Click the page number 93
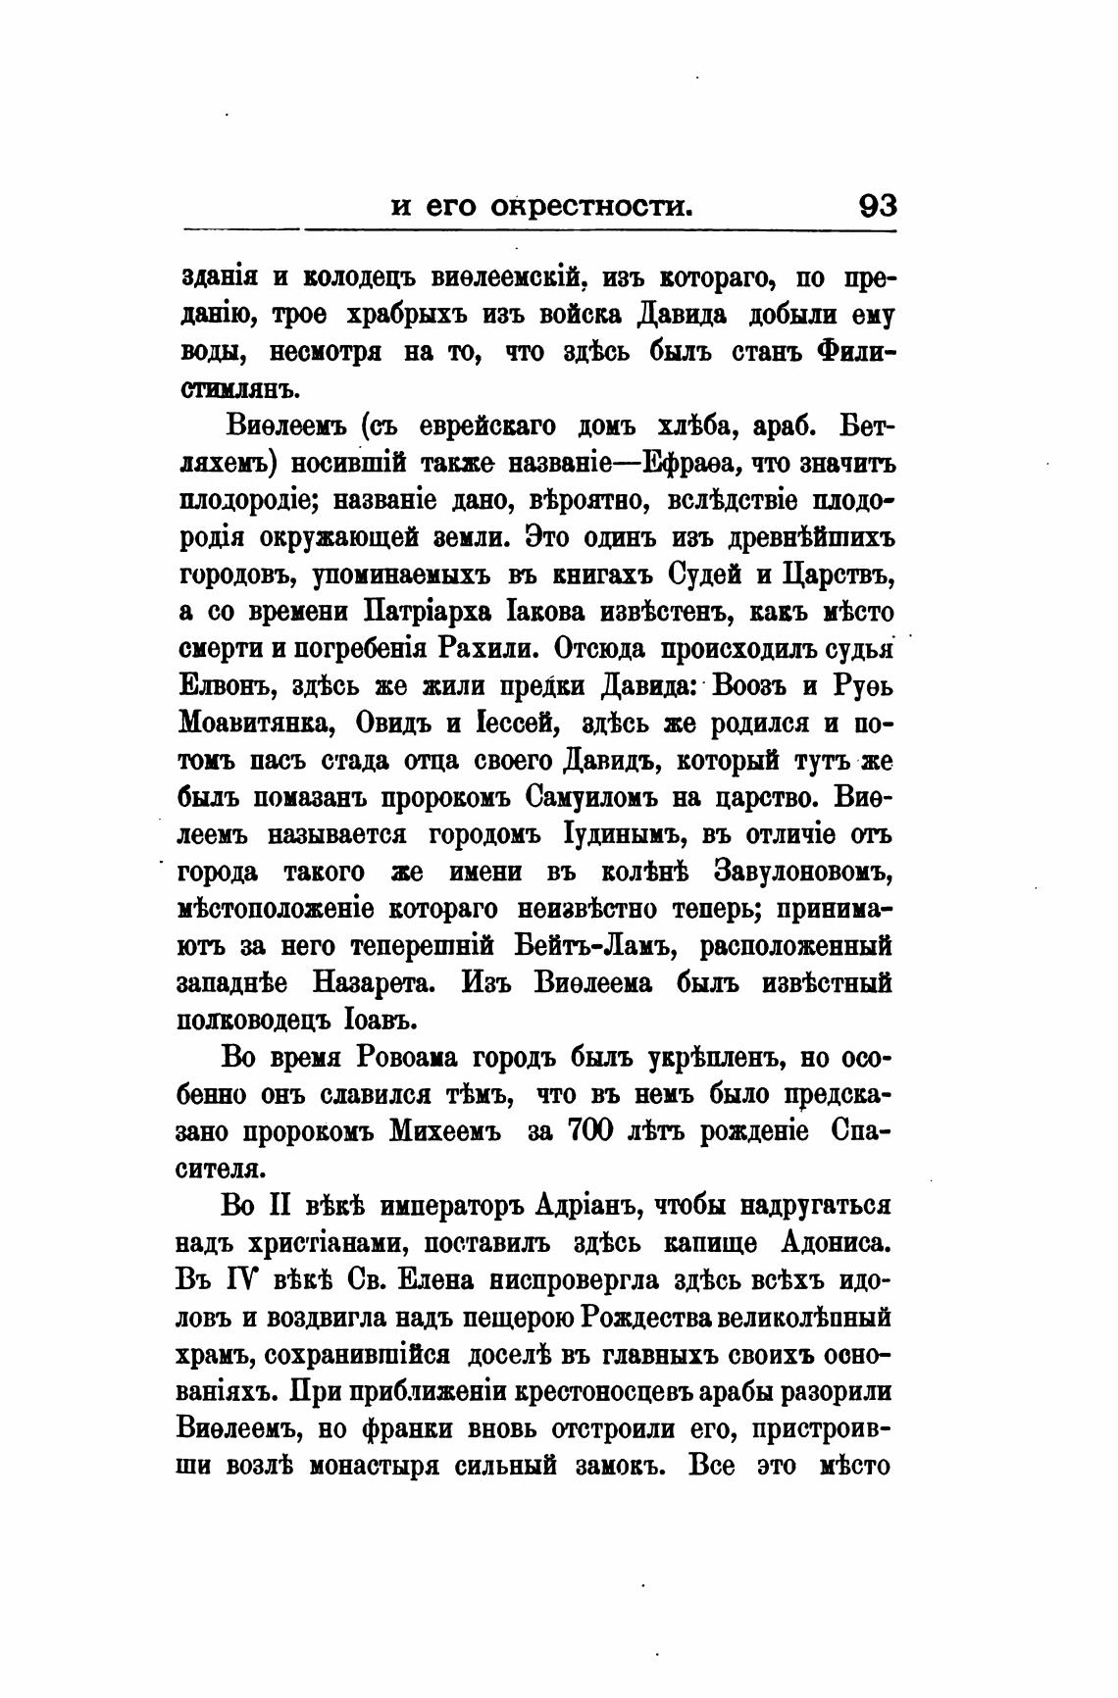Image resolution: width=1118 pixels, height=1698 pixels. click(x=877, y=207)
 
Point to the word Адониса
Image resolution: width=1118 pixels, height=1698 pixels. click(x=836, y=1242)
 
